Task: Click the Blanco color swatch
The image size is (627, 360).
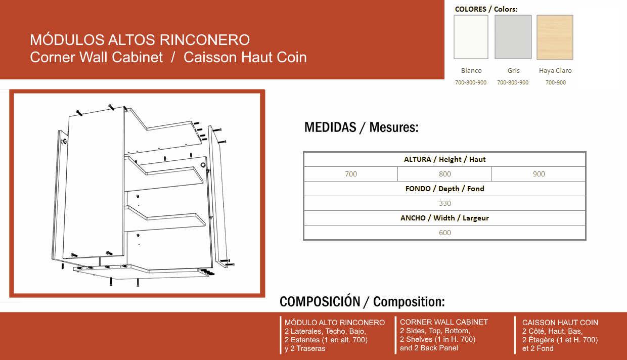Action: point(471,37)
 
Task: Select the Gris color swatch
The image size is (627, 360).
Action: point(513,37)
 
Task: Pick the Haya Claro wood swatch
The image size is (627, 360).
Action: point(555,37)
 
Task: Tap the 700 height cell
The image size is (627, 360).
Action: point(351,174)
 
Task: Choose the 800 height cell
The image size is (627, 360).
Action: point(445,174)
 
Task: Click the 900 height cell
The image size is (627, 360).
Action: point(539,174)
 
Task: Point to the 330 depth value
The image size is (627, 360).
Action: point(445,203)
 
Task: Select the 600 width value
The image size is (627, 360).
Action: point(445,233)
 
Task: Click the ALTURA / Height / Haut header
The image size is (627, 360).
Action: point(445,159)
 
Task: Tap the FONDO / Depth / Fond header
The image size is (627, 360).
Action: point(445,189)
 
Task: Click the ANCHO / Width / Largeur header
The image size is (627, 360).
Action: point(445,218)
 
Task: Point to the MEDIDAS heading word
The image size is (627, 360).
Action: point(330,127)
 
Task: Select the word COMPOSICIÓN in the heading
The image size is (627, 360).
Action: point(320,301)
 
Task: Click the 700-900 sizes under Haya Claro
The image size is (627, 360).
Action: point(556,82)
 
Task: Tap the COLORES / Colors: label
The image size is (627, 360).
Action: point(486,9)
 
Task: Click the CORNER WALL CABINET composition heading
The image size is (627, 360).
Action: point(444,322)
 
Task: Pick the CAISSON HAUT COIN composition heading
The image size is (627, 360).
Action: point(560,323)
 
